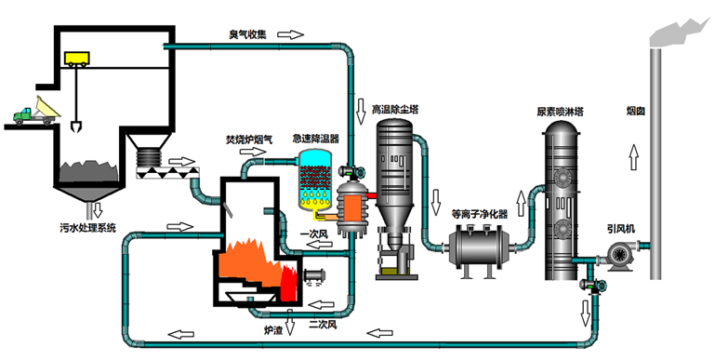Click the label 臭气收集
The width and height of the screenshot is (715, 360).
pyautogui.click(x=248, y=34)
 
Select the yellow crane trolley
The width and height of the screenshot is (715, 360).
pyautogui.click(x=75, y=58)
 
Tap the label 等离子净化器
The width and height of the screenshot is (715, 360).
pyautogui.click(x=479, y=213)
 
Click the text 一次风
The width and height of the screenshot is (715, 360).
pyautogui.click(x=313, y=233)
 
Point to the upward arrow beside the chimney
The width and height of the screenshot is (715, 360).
pyautogui.click(x=636, y=153)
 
